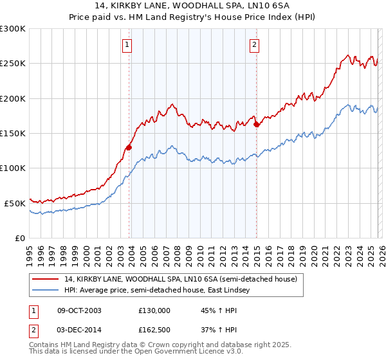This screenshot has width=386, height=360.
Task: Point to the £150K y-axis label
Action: click(13, 133)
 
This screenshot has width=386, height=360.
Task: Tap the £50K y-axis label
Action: click(15, 203)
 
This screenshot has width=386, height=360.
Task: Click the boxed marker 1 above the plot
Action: click(127, 44)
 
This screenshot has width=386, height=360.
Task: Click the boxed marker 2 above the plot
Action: click(255, 44)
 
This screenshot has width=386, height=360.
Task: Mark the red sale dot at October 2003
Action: click(129, 147)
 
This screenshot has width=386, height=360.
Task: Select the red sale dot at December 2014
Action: click(257, 125)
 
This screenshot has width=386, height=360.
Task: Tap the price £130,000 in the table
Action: click(154, 310)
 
